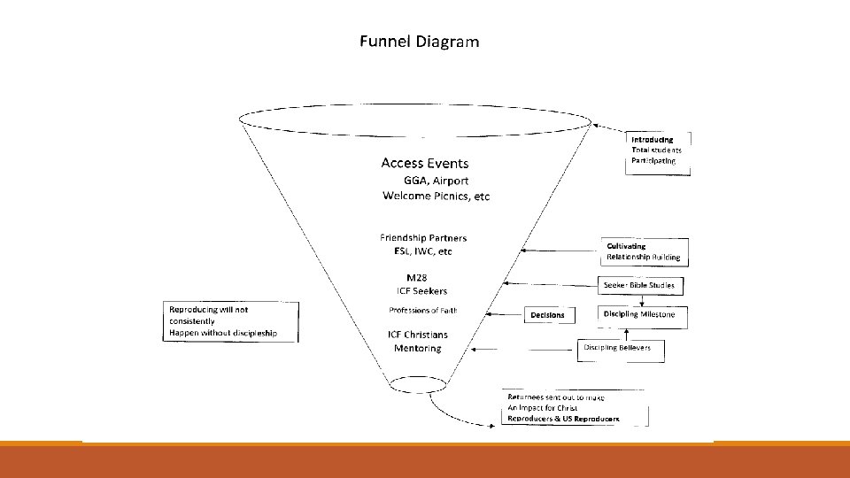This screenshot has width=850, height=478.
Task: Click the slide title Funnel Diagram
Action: point(419,42)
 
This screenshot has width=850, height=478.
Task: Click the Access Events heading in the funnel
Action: point(424,163)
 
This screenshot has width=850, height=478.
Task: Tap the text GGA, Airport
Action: point(436,180)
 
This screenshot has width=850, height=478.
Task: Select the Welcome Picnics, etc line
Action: point(436,197)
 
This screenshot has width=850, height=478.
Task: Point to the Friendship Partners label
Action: point(423,238)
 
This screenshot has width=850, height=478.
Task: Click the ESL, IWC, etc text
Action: point(423,251)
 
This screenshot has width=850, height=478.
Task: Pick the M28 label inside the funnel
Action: point(417,278)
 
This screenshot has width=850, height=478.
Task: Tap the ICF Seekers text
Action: point(421,291)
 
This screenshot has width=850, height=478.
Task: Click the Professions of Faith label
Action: point(423,311)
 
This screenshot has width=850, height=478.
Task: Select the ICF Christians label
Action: point(418,335)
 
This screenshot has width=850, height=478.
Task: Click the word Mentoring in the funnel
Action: point(417,349)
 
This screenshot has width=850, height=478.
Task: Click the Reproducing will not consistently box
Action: point(229,321)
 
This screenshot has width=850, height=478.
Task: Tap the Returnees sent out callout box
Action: point(575,408)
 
